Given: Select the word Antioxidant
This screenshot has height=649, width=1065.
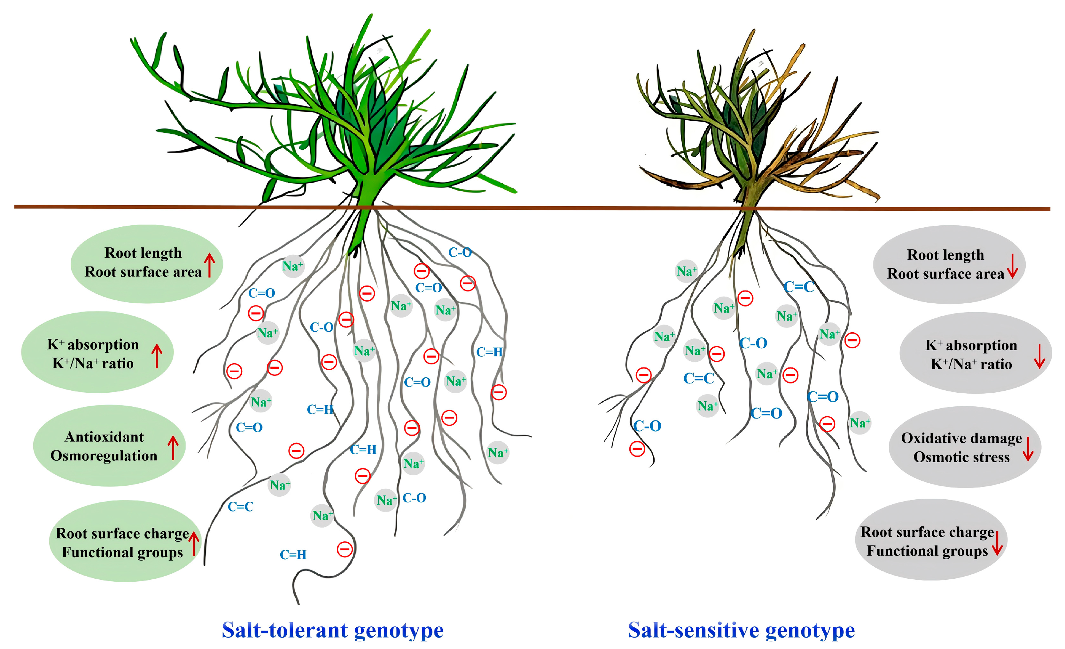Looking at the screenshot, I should (104, 437).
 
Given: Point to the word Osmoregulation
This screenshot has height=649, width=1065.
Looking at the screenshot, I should (104, 456).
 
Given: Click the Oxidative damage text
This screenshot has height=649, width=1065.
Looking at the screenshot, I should (961, 438).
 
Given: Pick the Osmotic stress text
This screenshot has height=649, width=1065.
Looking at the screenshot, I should (961, 457).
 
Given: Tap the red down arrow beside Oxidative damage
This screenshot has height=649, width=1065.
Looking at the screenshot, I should (1028, 449).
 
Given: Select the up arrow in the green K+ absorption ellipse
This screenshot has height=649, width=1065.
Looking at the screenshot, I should (157, 356).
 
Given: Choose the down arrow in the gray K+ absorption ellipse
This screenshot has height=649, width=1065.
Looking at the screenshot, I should (1039, 356).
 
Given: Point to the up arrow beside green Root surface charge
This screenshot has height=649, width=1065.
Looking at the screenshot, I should (194, 543).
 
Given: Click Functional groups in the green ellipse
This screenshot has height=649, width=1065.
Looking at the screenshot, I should (122, 552).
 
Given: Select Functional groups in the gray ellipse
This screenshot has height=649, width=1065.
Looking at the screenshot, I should (927, 551).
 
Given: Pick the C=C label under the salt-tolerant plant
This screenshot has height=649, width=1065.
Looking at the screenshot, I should (240, 507).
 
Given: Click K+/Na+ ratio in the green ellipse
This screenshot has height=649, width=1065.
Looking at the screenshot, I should (93, 364).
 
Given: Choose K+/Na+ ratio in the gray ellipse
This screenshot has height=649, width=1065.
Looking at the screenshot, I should (971, 365).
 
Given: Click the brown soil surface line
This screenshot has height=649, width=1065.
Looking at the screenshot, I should (519, 208).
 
